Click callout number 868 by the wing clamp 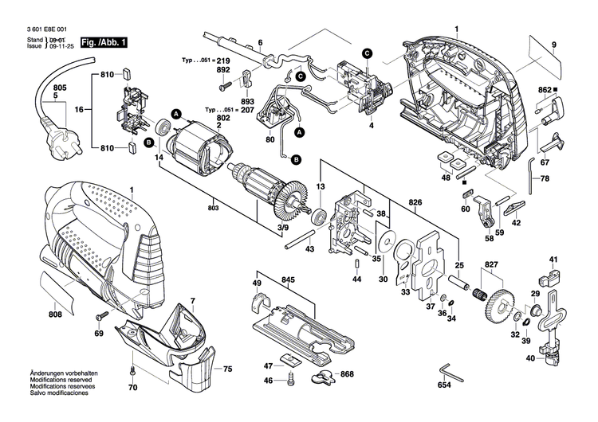(x=347, y=374)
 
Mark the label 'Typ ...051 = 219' (x=206, y=61)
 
